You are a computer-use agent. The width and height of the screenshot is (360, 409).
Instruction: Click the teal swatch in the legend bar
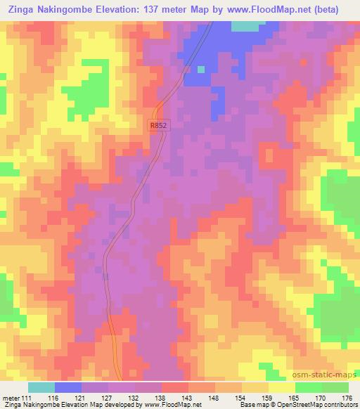click(x=41, y=387)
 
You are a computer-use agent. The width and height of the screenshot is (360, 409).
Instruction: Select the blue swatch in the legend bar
click(x=68, y=387)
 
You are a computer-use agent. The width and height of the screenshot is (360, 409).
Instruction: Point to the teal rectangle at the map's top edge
click(x=245, y=26)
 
